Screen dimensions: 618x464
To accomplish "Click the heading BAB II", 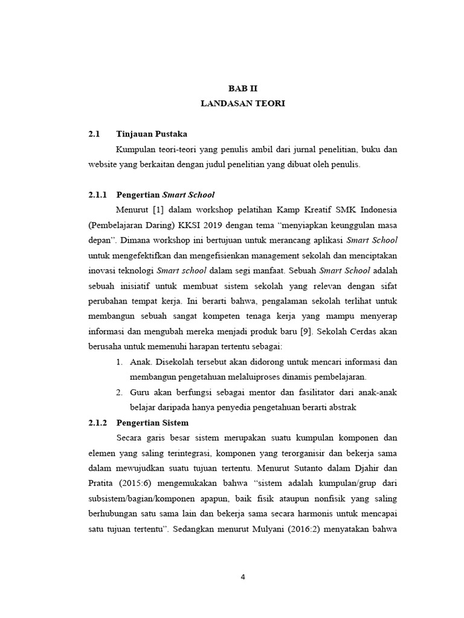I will [x=242, y=88].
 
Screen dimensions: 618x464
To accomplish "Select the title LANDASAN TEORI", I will [x=242, y=103].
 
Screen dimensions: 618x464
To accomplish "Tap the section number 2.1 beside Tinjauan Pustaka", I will [x=93, y=134].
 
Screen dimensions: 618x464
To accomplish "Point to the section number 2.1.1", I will [x=97, y=195].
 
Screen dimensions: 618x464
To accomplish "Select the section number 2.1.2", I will [x=97, y=422].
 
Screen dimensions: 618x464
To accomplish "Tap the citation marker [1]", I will [x=158, y=210].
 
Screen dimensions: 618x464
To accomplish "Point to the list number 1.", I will [x=118, y=362].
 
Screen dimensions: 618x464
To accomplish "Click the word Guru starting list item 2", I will [x=140, y=392].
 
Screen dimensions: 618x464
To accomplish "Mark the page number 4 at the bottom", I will [x=242, y=576].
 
